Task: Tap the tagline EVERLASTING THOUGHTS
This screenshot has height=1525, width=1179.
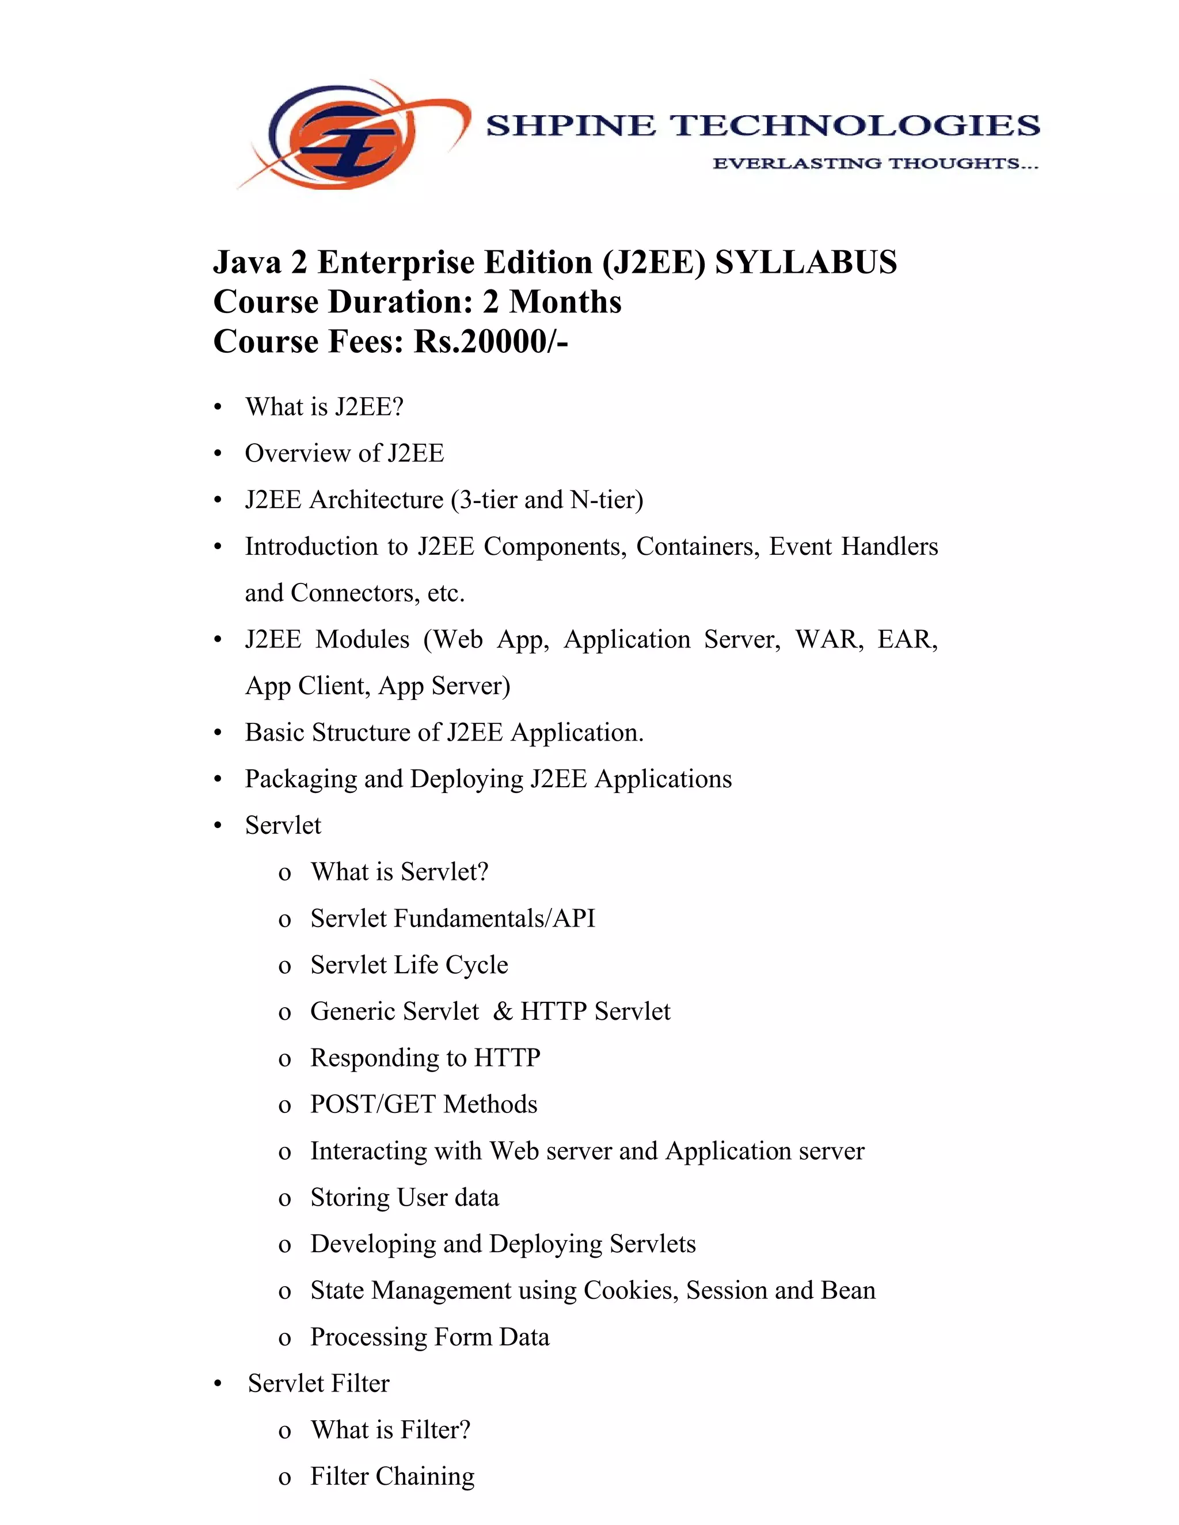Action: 875,163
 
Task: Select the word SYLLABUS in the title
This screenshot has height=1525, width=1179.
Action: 806,263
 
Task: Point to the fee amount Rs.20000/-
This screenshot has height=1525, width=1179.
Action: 491,342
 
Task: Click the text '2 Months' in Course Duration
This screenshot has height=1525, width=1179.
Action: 552,302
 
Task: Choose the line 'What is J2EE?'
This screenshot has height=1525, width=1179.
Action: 324,407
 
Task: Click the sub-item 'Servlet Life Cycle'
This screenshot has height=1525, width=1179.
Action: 409,965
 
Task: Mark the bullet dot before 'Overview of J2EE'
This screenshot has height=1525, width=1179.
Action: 218,455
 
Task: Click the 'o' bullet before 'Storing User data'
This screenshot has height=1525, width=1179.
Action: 284,1199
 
